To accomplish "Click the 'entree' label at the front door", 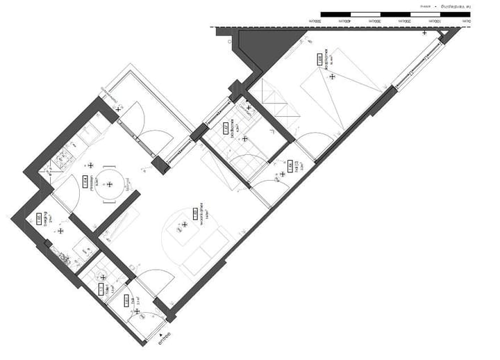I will (x=163, y=341).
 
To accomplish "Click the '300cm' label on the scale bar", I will (x=375, y=22).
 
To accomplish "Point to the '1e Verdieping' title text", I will (x=459, y=7).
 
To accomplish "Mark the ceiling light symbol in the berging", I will (x=60, y=231).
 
